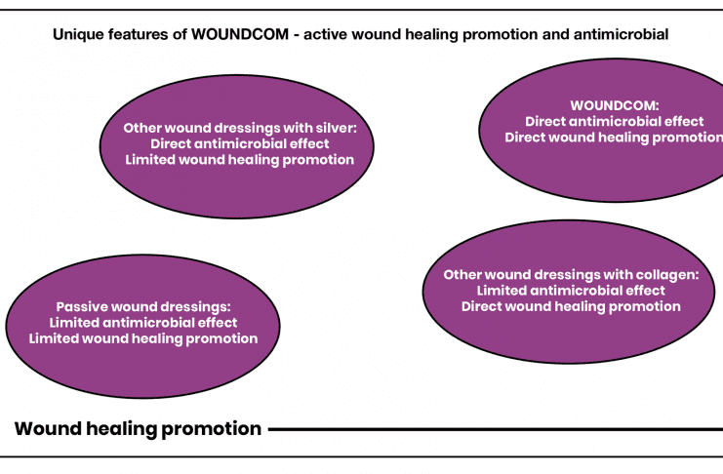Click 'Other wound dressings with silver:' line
click(x=239, y=127)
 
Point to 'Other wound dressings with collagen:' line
click(x=571, y=274)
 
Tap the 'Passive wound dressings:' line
click(x=143, y=305)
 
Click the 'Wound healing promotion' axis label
click(x=139, y=428)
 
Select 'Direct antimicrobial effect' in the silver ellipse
click(x=239, y=143)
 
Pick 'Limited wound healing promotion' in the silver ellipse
click(x=239, y=159)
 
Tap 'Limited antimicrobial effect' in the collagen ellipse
click(x=571, y=290)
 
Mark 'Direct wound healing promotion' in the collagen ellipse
click(x=571, y=306)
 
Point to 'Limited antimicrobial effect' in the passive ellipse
click(x=143, y=322)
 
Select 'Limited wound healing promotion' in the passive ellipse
click(x=143, y=338)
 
